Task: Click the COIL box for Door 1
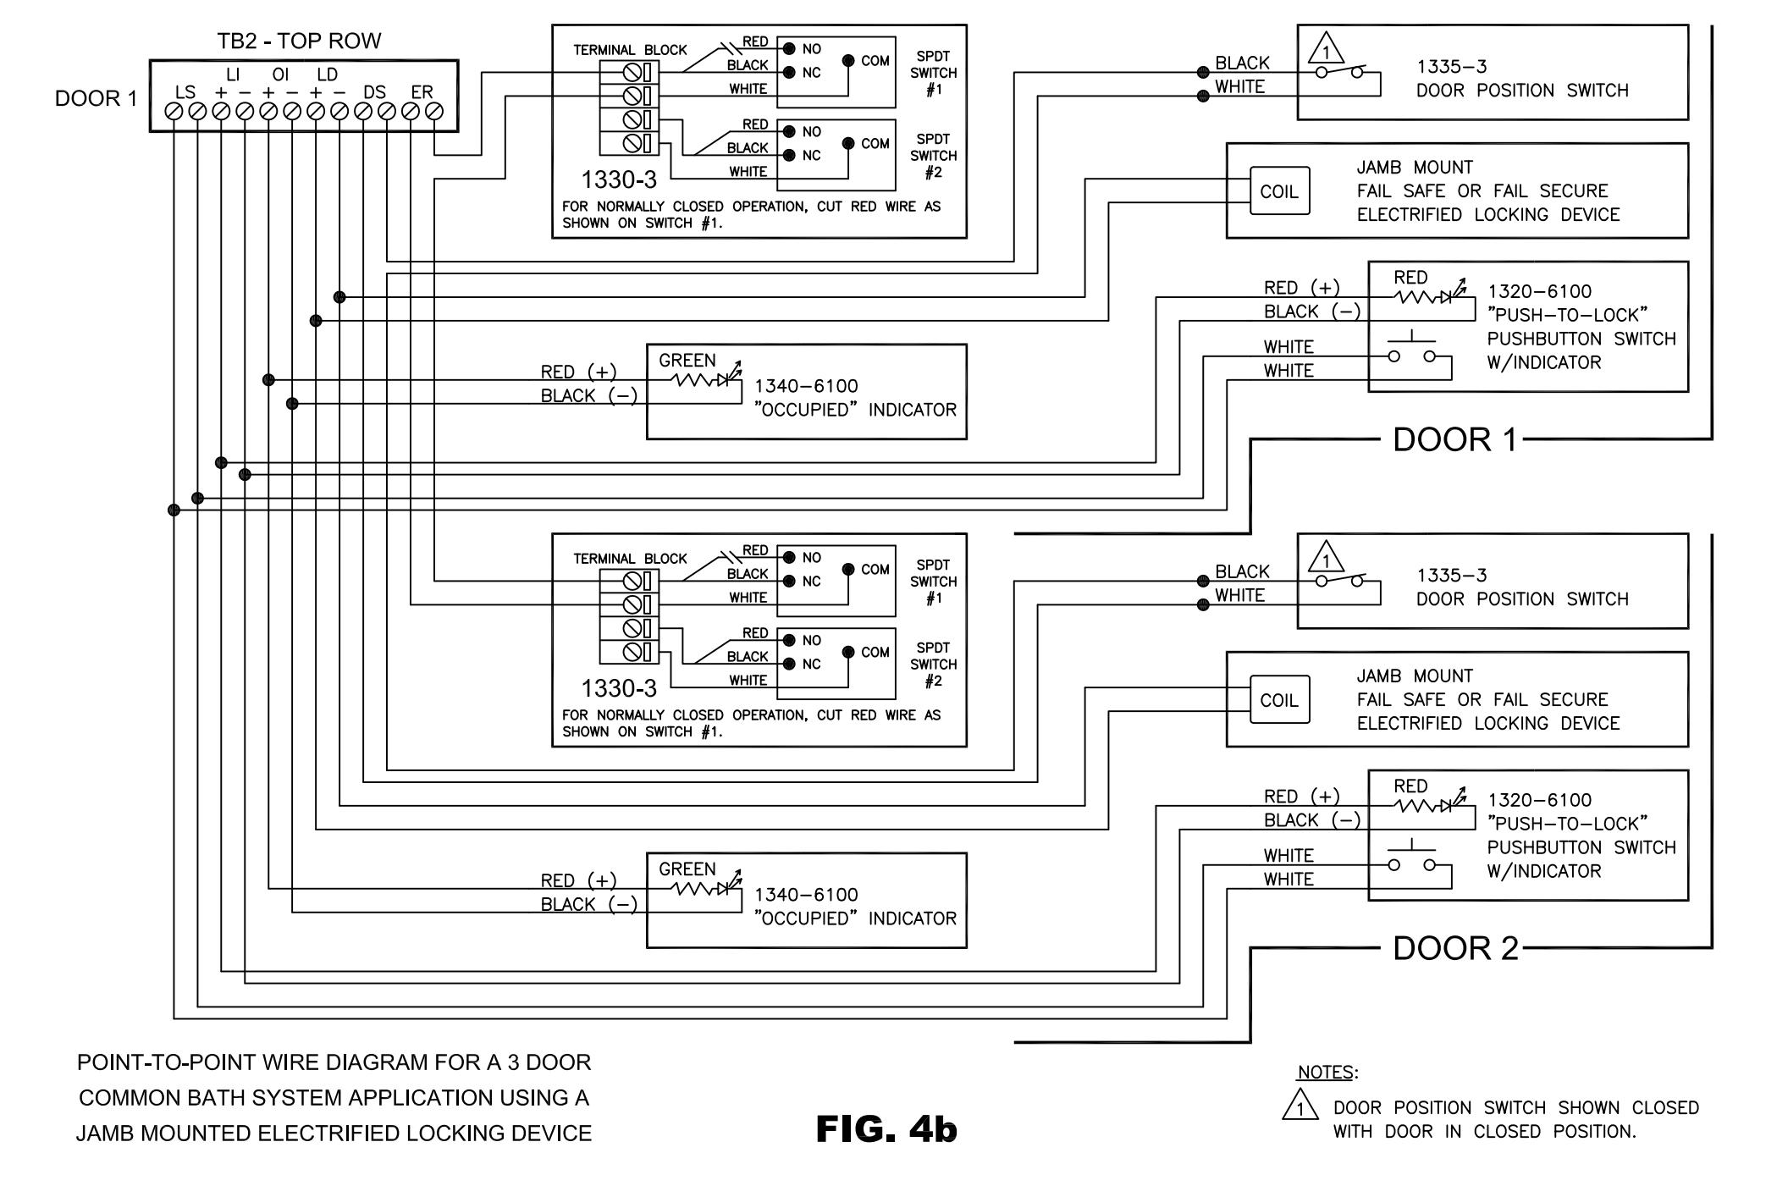coord(1279,190)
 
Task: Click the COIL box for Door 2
coord(1279,699)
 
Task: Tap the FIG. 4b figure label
coord(886,1128)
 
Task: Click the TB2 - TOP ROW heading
coord(299,41)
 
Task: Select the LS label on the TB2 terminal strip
coord(185,92)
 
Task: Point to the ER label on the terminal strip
coord(422,92)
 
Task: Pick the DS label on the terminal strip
coord(374,92)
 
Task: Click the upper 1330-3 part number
coord(619,179)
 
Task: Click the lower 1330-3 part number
coord(619,688)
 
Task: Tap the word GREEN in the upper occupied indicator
coord(687,361)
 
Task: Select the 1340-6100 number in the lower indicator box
coord(806,895)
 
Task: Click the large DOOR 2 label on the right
coord(1456,948)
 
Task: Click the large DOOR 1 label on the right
coord(1456,439)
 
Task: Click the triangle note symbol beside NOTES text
coord(1300,1106)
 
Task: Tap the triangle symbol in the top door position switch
coord(1326,48)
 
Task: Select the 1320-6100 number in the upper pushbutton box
coord(1540,291)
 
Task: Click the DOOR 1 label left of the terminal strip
coord(96,99)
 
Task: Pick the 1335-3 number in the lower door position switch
coord(1452,576)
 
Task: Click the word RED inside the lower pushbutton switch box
coord(1410,786)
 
